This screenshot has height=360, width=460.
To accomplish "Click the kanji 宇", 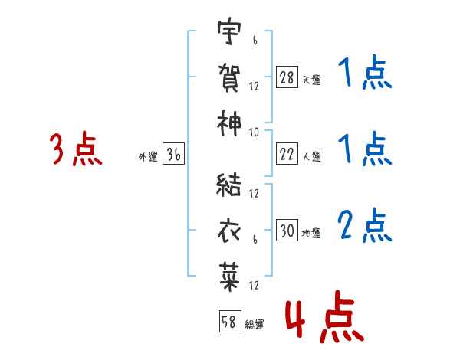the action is [229, 31].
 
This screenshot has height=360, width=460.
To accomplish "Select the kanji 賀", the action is [229, 77].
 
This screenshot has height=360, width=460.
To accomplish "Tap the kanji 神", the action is [229, 123].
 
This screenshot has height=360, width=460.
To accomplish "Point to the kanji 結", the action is [228, 185].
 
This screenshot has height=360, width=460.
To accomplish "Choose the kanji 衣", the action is [229, 231].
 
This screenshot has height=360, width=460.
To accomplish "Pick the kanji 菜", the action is [229, 277].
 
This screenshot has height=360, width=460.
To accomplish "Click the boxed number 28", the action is [287, 77].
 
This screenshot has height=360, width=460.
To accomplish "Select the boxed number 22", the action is [287, 153].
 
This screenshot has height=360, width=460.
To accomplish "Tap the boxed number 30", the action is [287, 230].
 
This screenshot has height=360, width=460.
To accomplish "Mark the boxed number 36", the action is [174, 153].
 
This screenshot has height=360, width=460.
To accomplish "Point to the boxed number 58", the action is [230, 321].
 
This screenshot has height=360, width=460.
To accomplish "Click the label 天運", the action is [311, 80].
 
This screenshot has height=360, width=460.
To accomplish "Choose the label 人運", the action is [312, 156].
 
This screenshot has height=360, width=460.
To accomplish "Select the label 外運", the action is [148, 156].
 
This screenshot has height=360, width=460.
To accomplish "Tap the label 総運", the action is [255, 324].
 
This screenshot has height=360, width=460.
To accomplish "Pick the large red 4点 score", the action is [325, 316].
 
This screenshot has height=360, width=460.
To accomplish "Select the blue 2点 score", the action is [365, 225].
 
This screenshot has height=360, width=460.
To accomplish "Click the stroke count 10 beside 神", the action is [254, 133].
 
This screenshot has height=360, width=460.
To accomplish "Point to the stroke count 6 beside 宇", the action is [255, 41].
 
